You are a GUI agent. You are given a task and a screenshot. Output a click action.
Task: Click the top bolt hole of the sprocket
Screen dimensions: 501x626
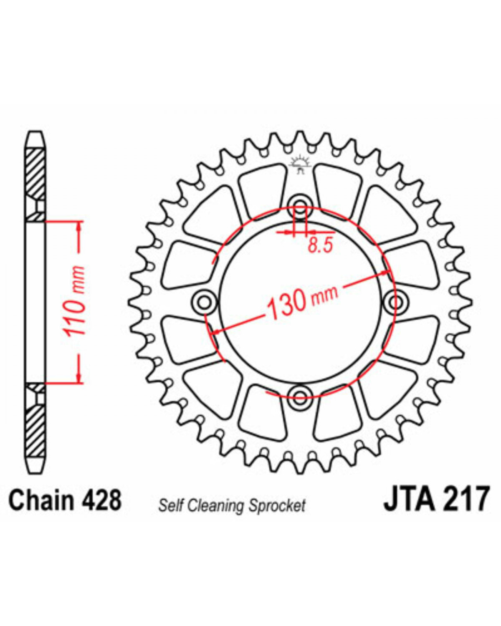click(300, 205)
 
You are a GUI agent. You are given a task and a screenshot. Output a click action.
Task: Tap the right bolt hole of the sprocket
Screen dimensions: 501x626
click(395, 302)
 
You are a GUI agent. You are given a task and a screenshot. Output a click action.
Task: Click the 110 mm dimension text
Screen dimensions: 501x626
click(76, 302)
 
